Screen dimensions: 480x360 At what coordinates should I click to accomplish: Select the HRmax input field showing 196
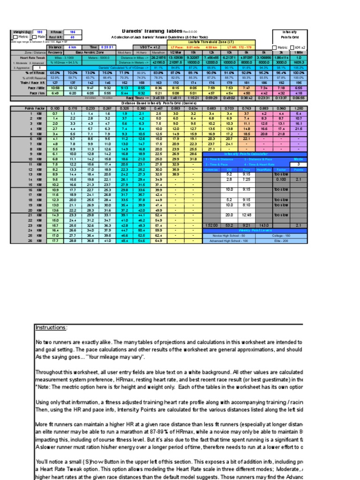click(x=73, y=32)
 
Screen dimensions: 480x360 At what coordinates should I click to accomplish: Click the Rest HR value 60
click(x=73, y=37)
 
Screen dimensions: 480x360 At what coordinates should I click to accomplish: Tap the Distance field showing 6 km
click(x=73, y=47)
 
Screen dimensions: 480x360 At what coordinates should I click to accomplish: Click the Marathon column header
click(x=158, y=52)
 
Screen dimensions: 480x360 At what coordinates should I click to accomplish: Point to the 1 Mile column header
click(x=299, y=52)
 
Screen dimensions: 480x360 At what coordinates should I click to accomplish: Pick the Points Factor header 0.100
click(x=55, y=108)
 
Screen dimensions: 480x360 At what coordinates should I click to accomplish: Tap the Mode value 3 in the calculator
click(x=299, y=165)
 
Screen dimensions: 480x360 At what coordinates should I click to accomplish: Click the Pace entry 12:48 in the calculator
click(x=247, y=215)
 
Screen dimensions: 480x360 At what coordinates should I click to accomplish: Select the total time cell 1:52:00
click(x=211, y=225)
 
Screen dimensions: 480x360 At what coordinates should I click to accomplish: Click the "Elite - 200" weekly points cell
click(x=281, y=241)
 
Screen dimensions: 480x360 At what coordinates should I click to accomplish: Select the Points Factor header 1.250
click(x=299, y=108)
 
